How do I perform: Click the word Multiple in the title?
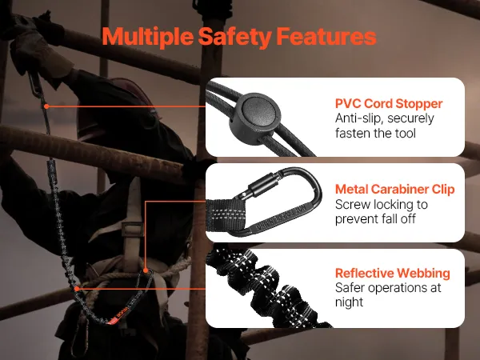coord(147,37)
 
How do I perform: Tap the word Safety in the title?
coord(234,37)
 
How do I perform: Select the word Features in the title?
coord(326,36)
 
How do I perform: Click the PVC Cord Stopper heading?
coord(389,103)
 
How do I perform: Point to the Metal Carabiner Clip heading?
coord(395,189)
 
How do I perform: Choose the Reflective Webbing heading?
coord(393,273)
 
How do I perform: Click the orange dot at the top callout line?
coord(46,106)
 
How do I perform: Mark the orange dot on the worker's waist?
coord(146,270)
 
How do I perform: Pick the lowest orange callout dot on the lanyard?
coord(77,288)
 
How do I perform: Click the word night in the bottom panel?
coord(349,302)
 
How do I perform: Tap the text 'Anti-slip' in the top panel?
coord(358,118)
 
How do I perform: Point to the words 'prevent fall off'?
coord(375,219)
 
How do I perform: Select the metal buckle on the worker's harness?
coord(133,230)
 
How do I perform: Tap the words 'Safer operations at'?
coord(388,288)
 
